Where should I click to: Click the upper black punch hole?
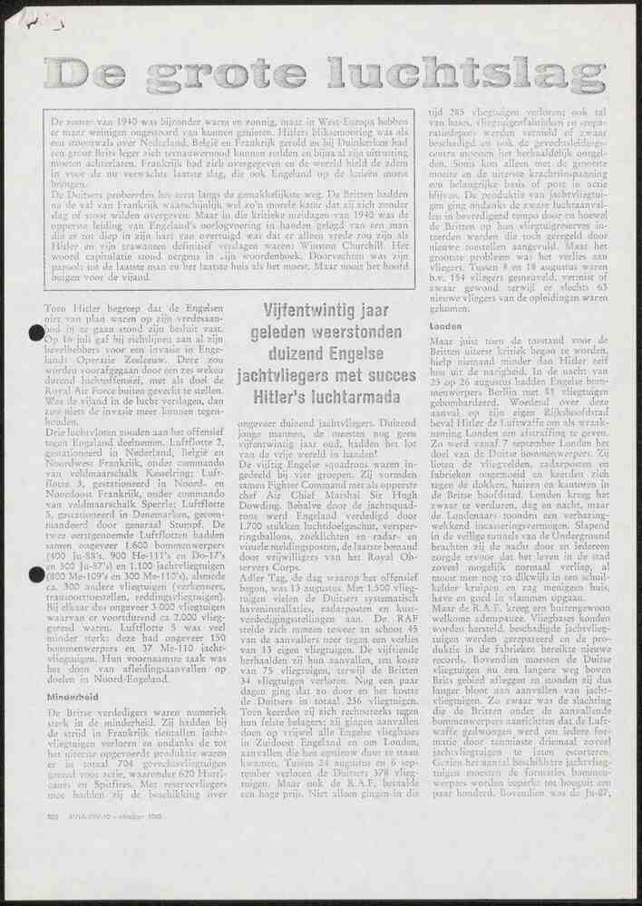37,333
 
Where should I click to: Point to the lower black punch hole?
37,573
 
